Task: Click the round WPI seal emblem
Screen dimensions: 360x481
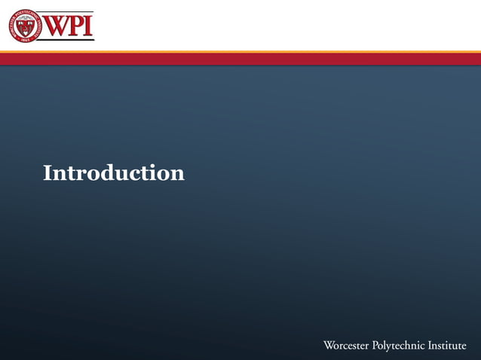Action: tap(26, 26)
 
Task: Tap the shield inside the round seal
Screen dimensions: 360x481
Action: tap(26, 26)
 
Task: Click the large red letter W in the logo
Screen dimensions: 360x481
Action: tap(59, 26)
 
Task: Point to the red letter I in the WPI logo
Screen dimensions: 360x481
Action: tap(89, 26)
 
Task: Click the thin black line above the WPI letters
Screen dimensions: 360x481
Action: tap(69, 13)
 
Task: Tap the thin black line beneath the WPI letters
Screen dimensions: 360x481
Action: tap(69, 39)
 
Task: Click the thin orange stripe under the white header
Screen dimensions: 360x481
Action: tap(240, 52)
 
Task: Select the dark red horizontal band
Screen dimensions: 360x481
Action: tap(240, 59)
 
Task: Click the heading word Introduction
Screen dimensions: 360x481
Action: tap(113, 173)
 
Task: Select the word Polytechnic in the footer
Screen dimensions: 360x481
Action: tap(399, 346)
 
